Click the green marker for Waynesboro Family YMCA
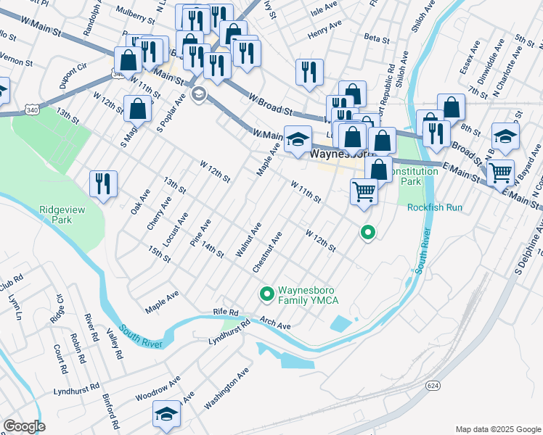(266, 294)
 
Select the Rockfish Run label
(434, 207)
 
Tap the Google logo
(24, 426)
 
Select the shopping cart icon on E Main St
(501, 173)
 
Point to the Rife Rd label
(226, 312)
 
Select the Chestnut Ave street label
(266, 252)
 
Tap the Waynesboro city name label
(340, 154)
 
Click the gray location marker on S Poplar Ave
(198, 94)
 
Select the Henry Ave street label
(324, 29)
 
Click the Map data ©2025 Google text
(497, 429)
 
